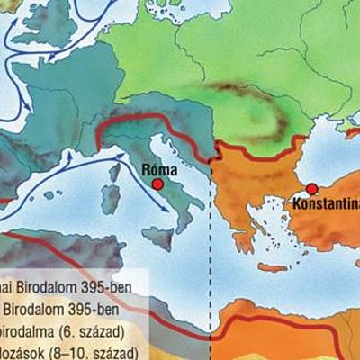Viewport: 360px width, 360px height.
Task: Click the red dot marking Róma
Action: (x=158, y=184)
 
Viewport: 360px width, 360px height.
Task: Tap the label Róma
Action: (x=159, y=167)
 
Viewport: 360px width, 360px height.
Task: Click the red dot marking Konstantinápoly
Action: (x=311, y=189)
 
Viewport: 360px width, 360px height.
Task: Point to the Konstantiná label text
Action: (x=324, y=204)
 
